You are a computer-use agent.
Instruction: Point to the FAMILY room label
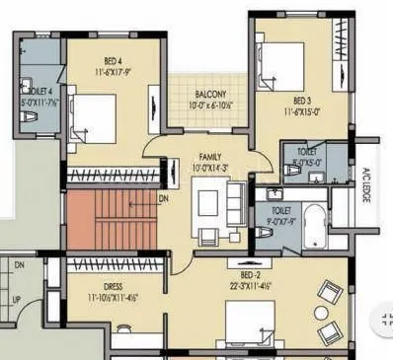210,157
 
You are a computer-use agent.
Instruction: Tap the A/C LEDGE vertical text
365,184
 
